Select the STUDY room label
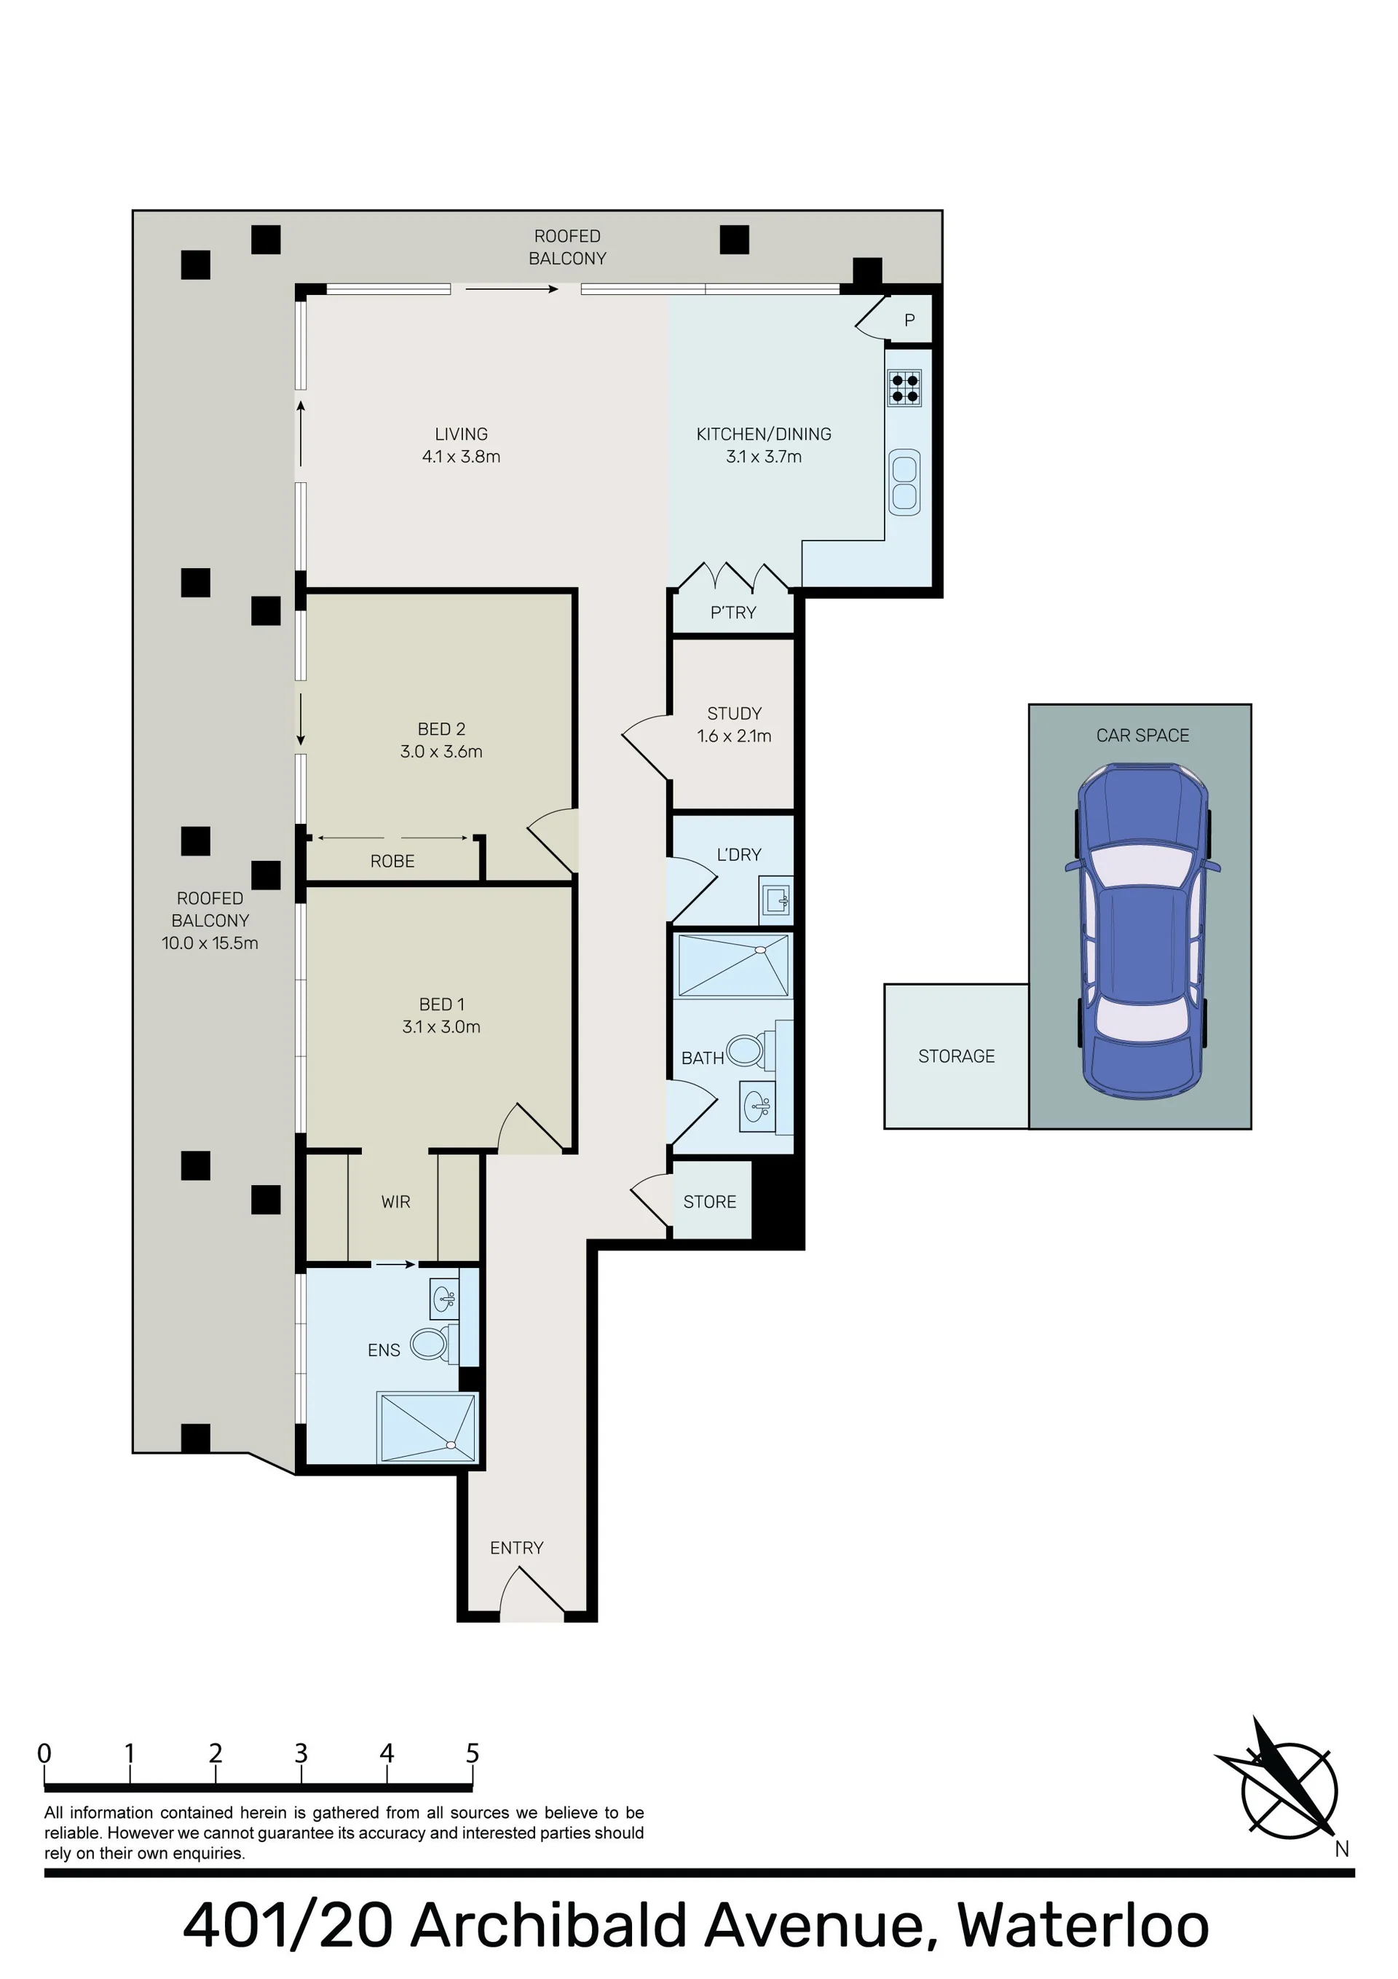[735, 713]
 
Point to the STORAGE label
[956, 1056]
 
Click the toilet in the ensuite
[430, 1343]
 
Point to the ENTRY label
[516, 1547]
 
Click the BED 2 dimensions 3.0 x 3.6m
[441, 751]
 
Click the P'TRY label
[732, 612]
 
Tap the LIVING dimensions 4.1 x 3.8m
[461, 456]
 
